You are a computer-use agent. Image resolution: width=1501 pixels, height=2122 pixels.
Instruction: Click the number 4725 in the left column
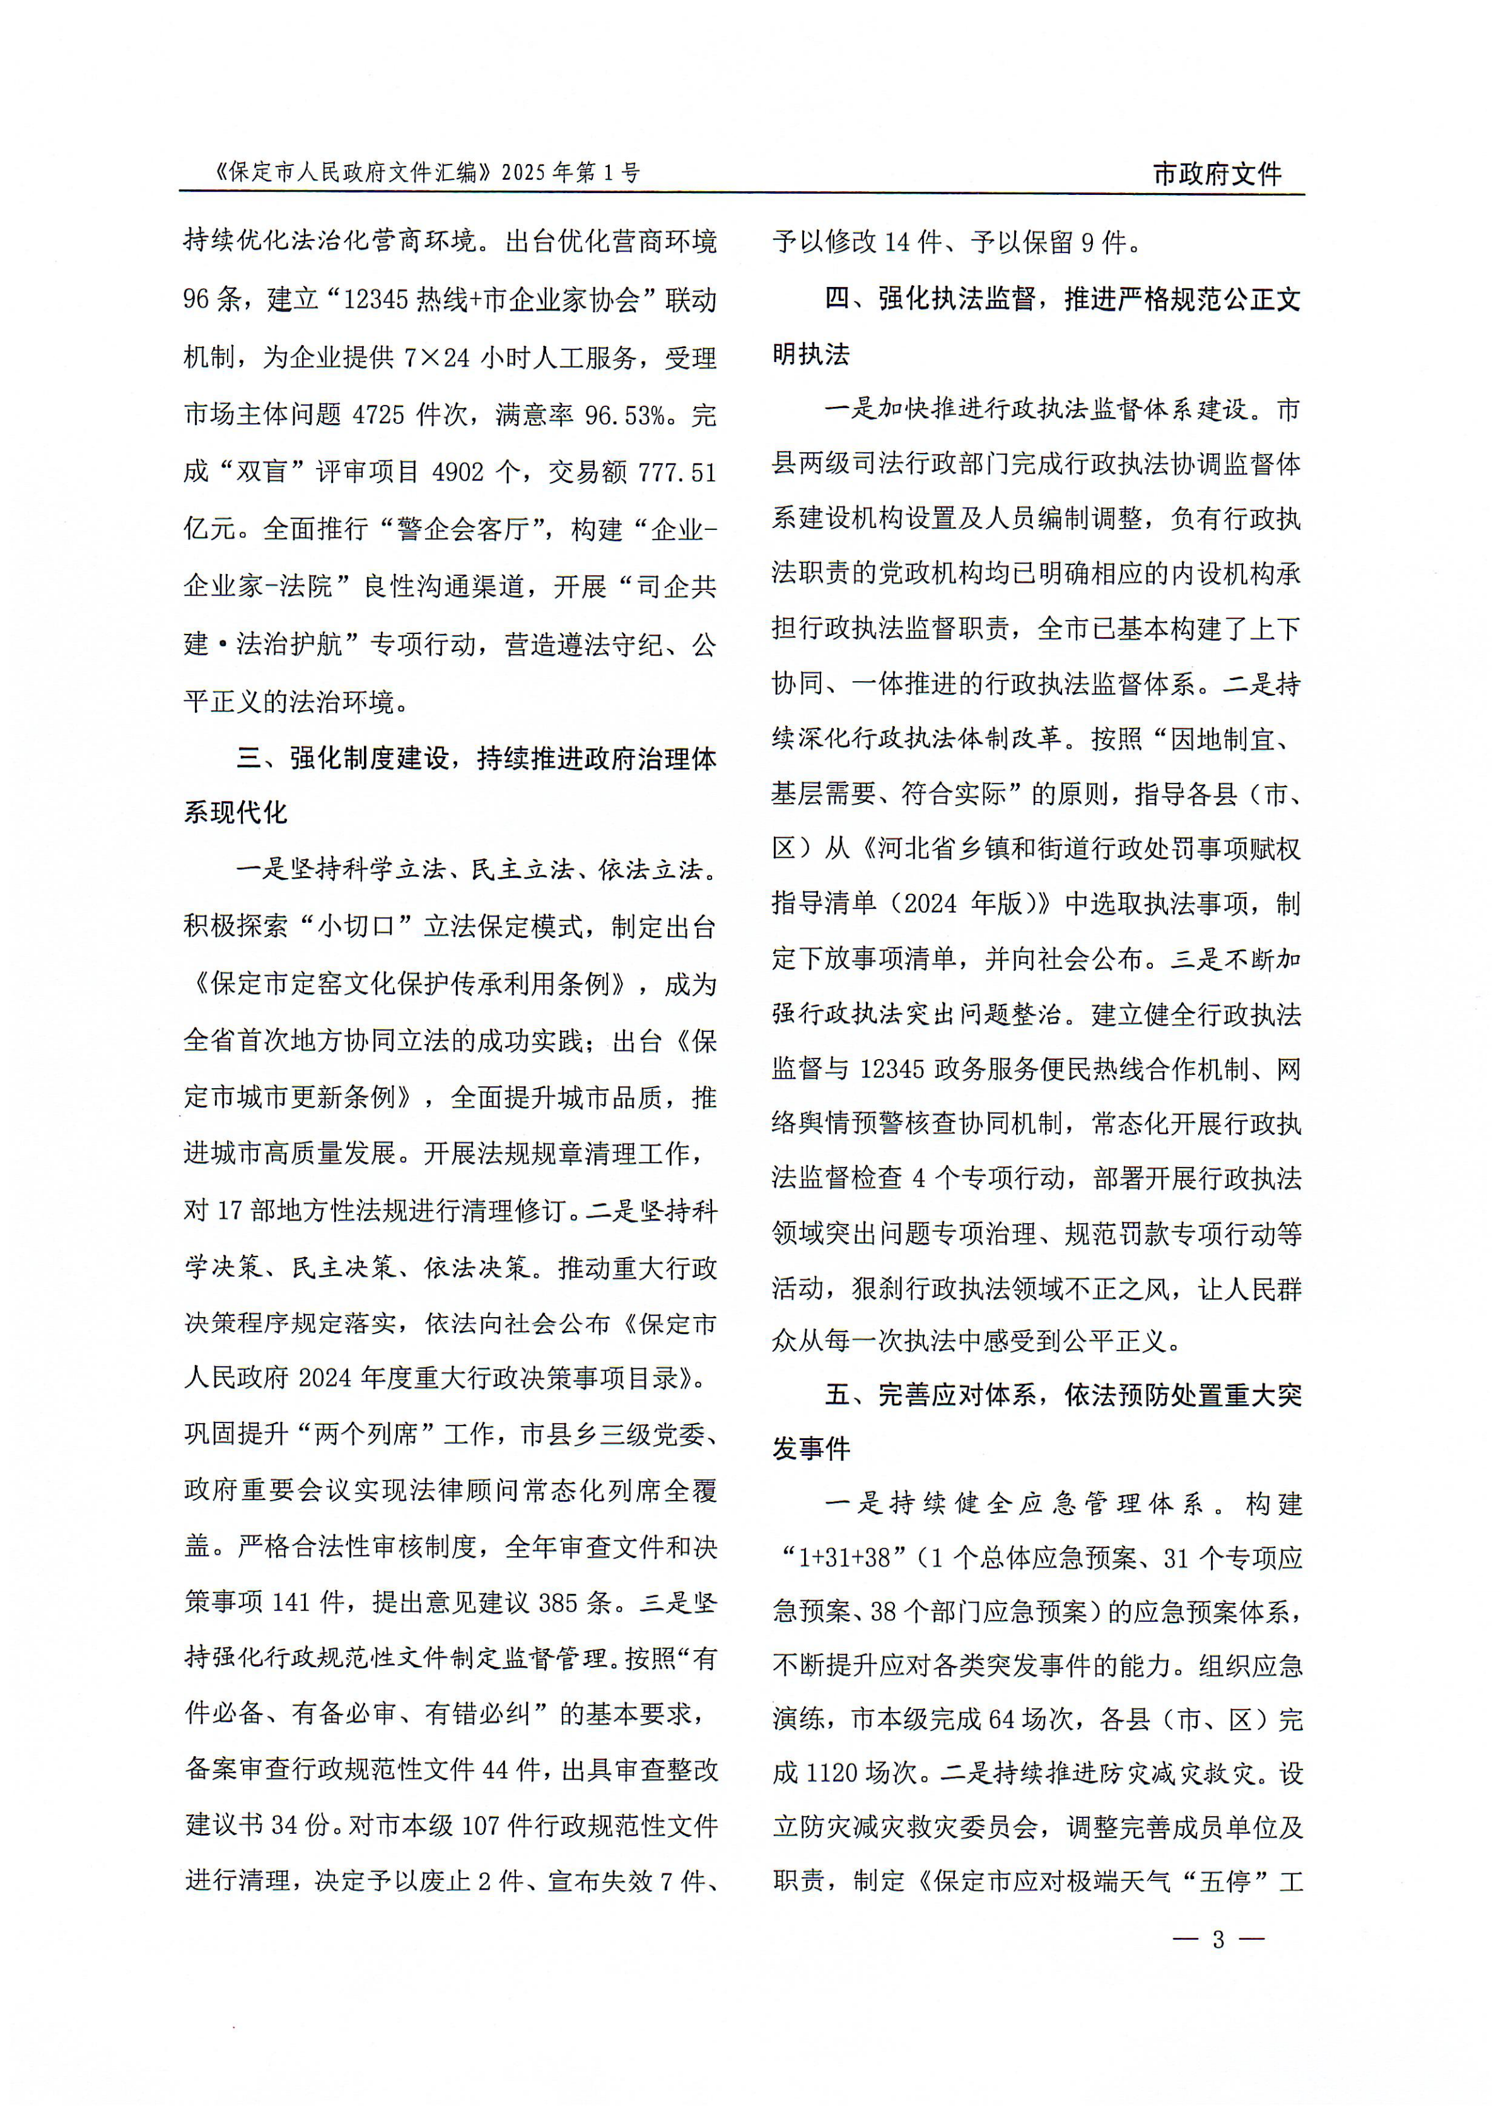379,415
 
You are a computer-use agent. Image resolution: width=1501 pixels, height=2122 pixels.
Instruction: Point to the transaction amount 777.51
677,472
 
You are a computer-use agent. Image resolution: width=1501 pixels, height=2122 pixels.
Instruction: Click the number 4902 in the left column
457,472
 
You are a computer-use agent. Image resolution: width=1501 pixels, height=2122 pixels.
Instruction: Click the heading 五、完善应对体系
930,1395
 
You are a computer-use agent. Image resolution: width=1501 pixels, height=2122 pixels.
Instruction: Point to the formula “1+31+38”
834,1557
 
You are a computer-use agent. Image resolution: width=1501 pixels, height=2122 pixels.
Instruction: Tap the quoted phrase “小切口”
351,927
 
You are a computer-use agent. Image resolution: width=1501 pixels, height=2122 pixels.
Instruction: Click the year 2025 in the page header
523,173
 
